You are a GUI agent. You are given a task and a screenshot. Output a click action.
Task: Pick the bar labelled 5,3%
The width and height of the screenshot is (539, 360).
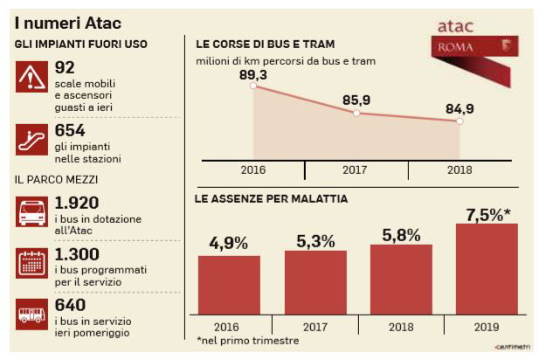[x=314, y=281]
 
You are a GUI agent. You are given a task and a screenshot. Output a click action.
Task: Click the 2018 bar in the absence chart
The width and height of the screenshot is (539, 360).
[x=401, y=279]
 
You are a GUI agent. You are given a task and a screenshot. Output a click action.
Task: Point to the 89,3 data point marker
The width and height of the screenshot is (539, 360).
[x=253, y=86]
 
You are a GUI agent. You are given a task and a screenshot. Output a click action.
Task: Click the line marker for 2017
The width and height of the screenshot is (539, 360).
[x=356, y=114]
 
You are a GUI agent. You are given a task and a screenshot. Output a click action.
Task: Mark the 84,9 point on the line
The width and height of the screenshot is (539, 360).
[x=460, y=121]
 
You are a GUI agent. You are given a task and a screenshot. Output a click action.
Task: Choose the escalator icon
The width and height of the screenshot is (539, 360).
[x=32, y=138]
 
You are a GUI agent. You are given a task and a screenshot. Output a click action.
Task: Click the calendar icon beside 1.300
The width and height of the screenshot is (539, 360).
[x=32, y=263]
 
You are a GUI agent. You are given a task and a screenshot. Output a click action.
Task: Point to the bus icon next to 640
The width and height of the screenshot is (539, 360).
[x=32, y=315]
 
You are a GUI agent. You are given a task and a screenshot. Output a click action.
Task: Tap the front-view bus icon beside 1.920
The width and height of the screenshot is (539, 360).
[x=32, y=212]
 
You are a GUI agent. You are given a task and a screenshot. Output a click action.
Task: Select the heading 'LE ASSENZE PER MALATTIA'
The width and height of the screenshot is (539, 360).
[x=271, y=199]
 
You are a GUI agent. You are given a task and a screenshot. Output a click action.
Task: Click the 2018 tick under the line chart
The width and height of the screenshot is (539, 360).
[x=459, y=169]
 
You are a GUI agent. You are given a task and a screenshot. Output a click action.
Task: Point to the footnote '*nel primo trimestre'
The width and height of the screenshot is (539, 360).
[x=248, y=340]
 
